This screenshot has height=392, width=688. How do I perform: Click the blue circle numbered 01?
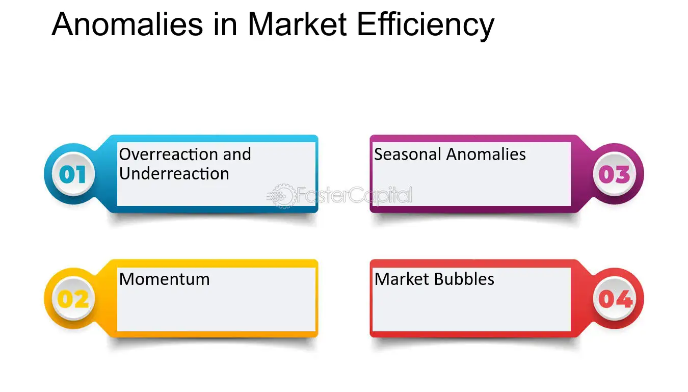click(x=72, y=174)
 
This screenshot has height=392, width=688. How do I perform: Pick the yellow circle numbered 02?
click(x=72, y=299)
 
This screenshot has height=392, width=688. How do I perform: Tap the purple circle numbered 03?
click(x=614, y=174)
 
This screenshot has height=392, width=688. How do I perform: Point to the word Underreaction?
click(x=174, y=173)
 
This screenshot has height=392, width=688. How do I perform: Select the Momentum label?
click(x=164, y=279)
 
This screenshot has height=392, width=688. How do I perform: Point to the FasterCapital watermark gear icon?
click(x=282, y=196)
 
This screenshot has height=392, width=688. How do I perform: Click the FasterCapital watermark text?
click(x=354, y=196)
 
